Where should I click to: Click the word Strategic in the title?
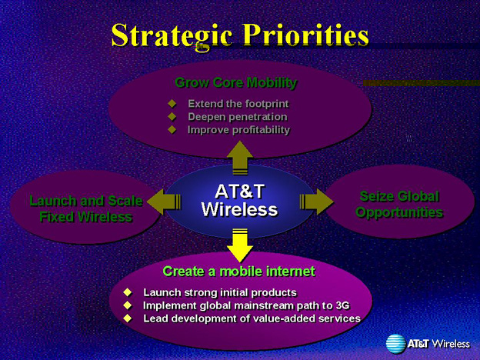point(172,35)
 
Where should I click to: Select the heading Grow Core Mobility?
point(236,82)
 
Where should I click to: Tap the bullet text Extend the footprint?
point(238,104)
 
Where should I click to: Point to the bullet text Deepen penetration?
point(238,117)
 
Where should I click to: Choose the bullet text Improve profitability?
point(238,130)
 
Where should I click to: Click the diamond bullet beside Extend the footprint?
point(172,104)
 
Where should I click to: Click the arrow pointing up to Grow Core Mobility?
point(240,158)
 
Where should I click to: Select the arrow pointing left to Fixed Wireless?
point(164,202)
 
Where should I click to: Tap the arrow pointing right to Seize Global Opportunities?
point(316,202)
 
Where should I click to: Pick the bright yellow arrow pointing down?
point(240,245)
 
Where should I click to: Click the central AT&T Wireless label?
point(239,201)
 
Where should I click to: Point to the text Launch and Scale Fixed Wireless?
point(86,208)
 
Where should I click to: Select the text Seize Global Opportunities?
point(399,204)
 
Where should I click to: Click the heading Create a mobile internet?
point(238,272)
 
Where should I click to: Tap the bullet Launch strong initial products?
point(220,292)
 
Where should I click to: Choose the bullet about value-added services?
point(252,318)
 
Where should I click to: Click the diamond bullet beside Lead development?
point(128,318)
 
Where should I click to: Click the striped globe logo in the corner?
point(396,344)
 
